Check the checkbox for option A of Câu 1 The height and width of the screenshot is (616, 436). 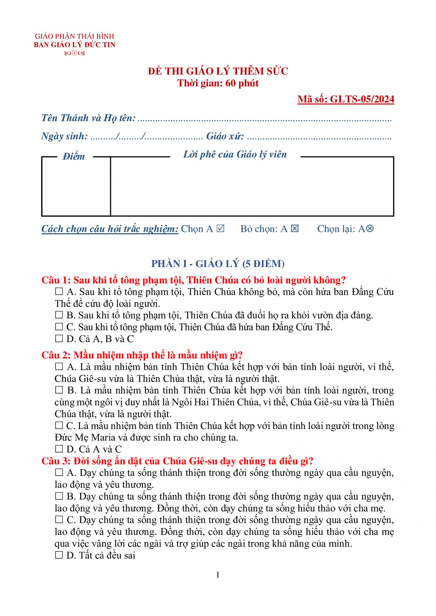[x=59, y=292]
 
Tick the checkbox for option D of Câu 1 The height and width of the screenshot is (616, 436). [x=59, y=339]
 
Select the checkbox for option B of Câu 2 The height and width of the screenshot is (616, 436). [x=59, y=390]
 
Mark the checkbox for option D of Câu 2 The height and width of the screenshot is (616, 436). [x=59, y=449]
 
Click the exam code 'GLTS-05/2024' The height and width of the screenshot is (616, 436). [x=362, y=99]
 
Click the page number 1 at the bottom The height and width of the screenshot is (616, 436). [x=218, y=575]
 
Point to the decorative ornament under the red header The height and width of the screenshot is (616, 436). [x=74, y=53]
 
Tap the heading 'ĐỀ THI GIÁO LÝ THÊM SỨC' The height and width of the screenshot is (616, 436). [x=218, y=71]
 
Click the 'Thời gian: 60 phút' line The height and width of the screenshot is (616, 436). [x=218, y=83]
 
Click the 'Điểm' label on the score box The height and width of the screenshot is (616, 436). [x=74, y=157]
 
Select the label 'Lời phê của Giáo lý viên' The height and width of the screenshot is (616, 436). [x=235, y=154]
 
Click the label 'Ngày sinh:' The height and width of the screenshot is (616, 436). [x=65, y=136]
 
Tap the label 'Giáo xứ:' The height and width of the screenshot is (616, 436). [x=225, y=136]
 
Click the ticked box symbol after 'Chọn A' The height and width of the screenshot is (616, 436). [x=220, y=228]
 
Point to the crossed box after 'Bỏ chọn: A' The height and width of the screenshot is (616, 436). [x=295, y=228]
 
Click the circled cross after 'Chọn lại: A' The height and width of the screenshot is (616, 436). [x=370, y=228]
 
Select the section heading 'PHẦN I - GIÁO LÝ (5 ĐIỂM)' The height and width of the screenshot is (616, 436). [x=218, y=263]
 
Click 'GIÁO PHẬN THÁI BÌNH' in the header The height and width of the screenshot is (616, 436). [x=74, y=36]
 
